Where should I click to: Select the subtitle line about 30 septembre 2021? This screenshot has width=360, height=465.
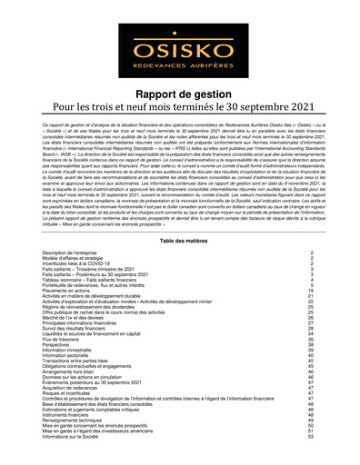coord(180,112)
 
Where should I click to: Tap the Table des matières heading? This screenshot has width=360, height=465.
coord(180,240)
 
